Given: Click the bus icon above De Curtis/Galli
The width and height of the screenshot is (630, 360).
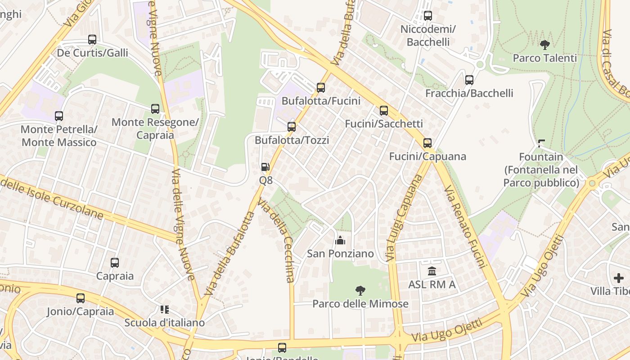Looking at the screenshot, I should (x=92, y=40).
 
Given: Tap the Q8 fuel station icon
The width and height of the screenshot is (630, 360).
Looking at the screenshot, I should (x=265, y=167).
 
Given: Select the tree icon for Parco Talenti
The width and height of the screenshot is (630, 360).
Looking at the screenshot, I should (x=545, y=45).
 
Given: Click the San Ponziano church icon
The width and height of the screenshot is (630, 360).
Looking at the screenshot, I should (x=340, y=240).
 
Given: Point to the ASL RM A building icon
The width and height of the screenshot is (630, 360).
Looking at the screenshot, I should (x=432, y=271).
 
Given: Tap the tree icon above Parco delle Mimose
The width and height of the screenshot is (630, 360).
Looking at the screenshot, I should (x=360, y=290).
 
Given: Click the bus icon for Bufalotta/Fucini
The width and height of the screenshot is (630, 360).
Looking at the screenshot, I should (x=321, y=88).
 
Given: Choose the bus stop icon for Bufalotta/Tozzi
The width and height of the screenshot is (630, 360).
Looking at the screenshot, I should (x=292, y=127).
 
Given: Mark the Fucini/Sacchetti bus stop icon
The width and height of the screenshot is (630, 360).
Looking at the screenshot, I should (x=384, y=110).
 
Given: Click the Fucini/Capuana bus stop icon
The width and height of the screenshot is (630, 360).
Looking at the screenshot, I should (x=427, y=143).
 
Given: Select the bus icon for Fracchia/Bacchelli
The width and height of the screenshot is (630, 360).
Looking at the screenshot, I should (x=469, y=80).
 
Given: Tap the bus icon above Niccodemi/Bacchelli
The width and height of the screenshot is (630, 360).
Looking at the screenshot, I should (x=428, y=16).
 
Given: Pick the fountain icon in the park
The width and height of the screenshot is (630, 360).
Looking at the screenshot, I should (x=541, y=144).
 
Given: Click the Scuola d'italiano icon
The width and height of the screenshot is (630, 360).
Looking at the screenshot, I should (x=164, y=310).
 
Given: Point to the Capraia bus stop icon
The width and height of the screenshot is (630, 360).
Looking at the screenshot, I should (x=115, y=263).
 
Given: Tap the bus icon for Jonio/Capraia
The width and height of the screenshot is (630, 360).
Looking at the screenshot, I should (x=81, y=298).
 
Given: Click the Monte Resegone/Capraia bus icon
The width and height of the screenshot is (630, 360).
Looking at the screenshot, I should (x=155, y=109).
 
